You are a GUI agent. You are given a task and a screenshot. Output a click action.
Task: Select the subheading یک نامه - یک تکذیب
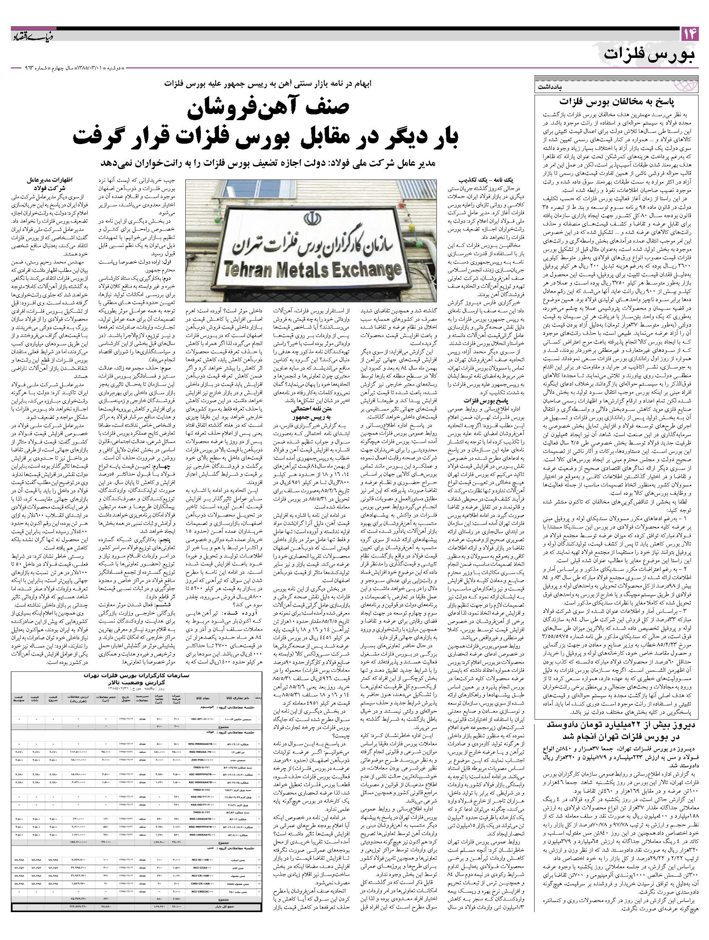coord(481,180)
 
